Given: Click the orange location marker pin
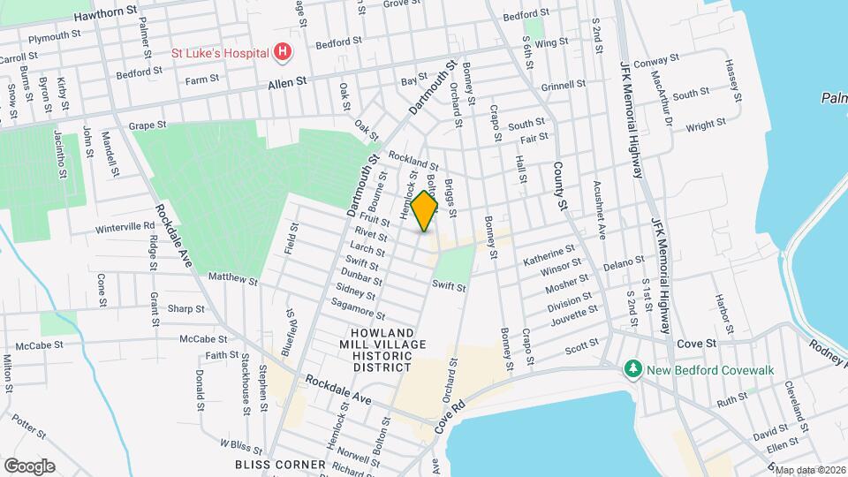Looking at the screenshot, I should [425, 210].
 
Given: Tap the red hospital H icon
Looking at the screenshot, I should [283, 53].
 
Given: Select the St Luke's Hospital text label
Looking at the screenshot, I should [219, 53].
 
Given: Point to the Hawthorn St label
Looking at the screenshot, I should [106, 16].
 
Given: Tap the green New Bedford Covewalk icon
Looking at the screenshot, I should [632, 367].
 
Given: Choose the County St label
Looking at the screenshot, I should [559, 185].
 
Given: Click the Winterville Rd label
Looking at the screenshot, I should [125, 227].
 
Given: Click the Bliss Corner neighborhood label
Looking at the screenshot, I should [269, 464].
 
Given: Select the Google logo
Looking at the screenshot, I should [29, 466].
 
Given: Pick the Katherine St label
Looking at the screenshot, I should [549, 260].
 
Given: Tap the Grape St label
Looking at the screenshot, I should [148, 126].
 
